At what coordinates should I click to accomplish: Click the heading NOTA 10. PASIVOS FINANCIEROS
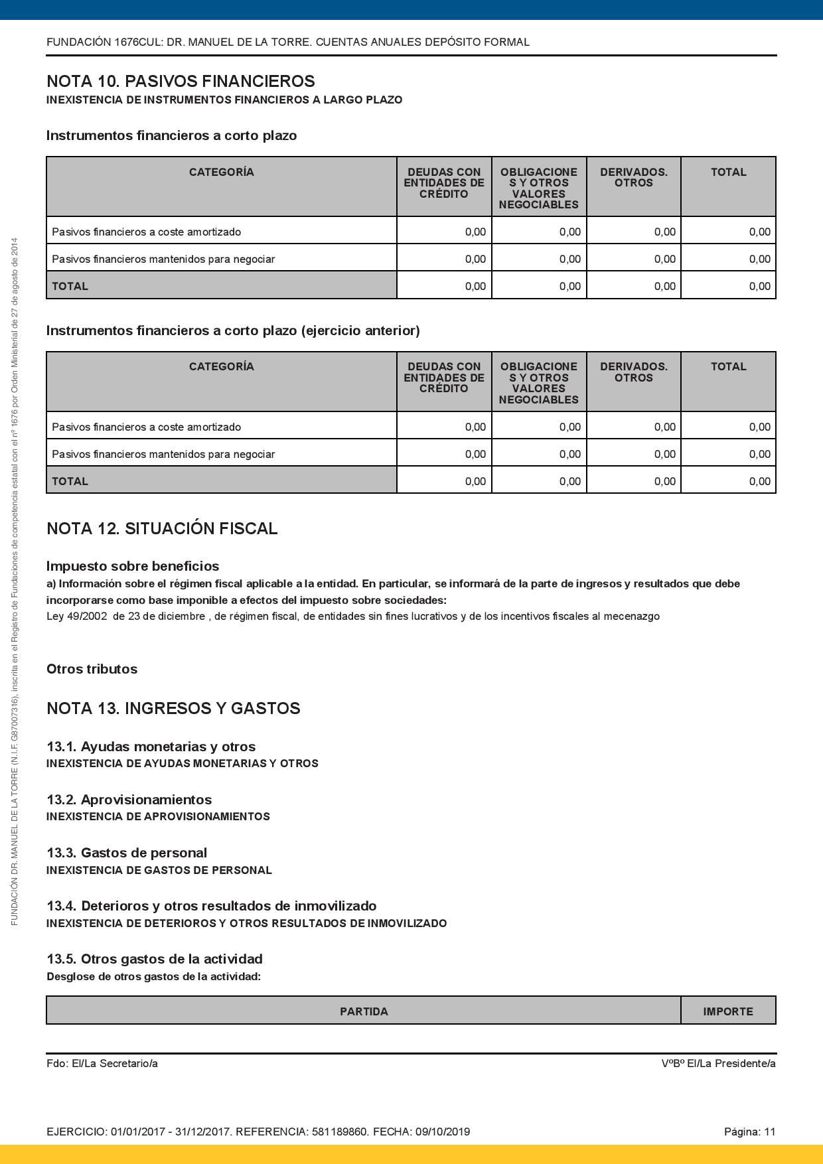pyautogui.click(x=181, y=82)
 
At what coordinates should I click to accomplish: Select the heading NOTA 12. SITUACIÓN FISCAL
pyautogui.click(x=162, y=529)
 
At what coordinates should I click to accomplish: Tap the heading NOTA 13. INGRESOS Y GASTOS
pyautogui.click(x=173, y=709)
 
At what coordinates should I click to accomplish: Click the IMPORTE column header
pyautogui.click(x=728, y=1011)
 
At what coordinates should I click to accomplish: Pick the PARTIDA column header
pyautogui.click(x=364, y=1011)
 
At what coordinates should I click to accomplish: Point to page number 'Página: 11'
pyautogui.click(x=749, y=1132)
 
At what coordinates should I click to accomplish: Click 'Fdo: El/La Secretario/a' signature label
pyautogui.click(x=102, y=1064)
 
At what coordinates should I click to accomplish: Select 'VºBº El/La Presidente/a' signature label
pyautogui.click(x=718, y=1064)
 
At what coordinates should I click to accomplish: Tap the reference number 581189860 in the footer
pyautogui.click(x=339, y=1132)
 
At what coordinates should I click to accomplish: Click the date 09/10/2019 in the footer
pyautogui.click(x=443, y=1132)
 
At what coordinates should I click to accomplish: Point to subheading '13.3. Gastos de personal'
pyautogui.click(x=127, y=853)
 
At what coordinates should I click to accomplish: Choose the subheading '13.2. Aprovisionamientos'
pyautogui.click(x=129, y=800)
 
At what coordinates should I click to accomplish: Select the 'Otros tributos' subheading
pyautogui.click(x=92, y=669)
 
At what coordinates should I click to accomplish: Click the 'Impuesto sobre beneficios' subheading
pyautogui.click(x=133, y=566)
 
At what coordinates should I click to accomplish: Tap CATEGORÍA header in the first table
pyautogui.click(x=221, y=173)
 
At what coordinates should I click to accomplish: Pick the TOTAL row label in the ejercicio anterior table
pyautogui.click(x=70, y=481)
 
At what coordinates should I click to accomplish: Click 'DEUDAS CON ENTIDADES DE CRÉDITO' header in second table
pyautogui.click(x=444, y=378)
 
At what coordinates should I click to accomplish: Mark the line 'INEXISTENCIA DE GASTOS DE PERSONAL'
pyautogui.click(x=159, y=870)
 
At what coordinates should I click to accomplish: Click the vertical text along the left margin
pyautogui.click(x=15, y=581)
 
